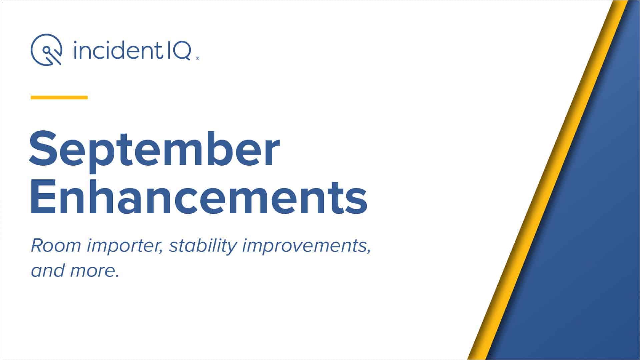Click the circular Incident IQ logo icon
47,49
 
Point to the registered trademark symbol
198,58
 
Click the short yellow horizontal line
59,97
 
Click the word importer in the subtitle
124,247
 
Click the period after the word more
117,276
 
